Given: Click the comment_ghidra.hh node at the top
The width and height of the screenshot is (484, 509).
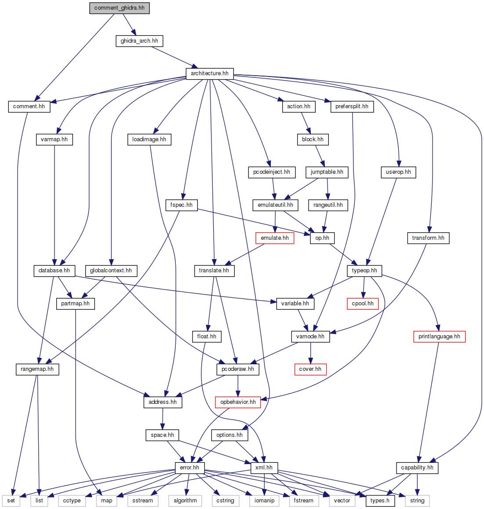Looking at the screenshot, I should click(x=119, y=8).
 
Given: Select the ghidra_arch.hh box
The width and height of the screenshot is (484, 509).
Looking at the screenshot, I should click(x=139, y=41).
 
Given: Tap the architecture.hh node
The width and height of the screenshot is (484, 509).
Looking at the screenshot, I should click(x=209, y=73).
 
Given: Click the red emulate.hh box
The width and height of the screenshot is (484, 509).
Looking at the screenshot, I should click(x=275, y=238).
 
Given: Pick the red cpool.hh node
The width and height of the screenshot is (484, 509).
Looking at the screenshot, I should click(x=363, y=304).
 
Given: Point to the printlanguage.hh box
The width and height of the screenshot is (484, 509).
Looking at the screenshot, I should click(x=439, y=337).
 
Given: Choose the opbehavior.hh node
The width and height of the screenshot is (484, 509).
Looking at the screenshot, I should click(x=238, y=402).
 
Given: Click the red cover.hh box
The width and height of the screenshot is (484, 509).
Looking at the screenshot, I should click(x=310, y=369).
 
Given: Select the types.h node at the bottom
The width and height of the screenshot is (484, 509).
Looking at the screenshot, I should click(x=380, y=501).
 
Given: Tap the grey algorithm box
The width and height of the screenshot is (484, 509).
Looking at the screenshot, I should click(x=185, y=501).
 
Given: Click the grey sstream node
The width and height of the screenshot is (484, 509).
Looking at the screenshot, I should click(x=143, y=501).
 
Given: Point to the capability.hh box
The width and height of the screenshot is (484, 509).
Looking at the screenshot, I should click(x=417, y=468).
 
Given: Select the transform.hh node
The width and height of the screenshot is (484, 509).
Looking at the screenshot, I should click(x=428, y=238).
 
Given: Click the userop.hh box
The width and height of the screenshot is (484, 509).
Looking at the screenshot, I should click(x=398, y=172).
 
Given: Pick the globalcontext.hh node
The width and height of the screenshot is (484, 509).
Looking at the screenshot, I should click(x=111, y=271).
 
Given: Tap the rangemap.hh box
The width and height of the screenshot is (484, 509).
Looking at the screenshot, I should click(x=37, y=369).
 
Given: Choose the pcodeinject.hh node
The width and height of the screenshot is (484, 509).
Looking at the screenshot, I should click(x=272, y=172).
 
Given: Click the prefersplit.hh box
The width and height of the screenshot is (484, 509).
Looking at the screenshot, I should click(x=352, y=106).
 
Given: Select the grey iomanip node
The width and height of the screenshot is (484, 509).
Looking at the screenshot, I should click(x=264, y=501).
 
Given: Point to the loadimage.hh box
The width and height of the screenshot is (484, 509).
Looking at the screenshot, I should click(x=149, y=139).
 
